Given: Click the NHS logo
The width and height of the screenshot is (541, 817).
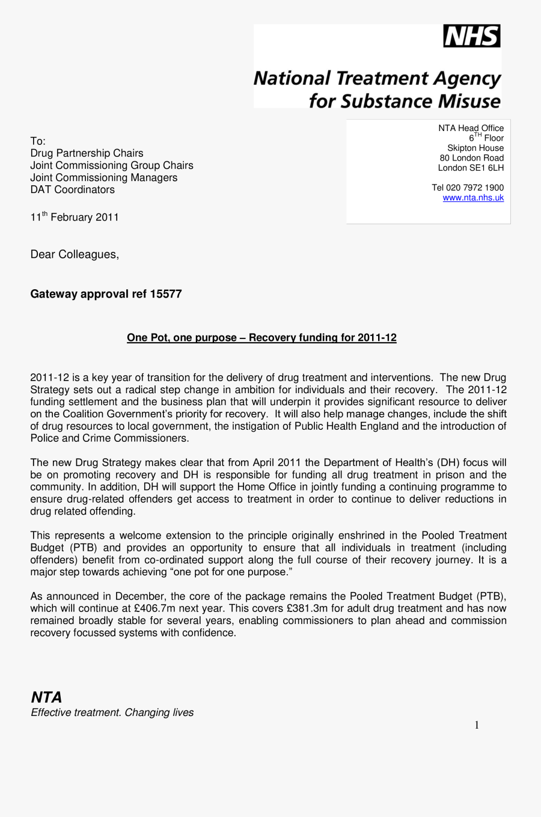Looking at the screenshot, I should (x=472, y=37).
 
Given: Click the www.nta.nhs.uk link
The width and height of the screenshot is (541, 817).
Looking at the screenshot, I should (x=473, y=198).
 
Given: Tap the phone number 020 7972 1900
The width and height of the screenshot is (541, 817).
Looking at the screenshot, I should (x=475, y=188).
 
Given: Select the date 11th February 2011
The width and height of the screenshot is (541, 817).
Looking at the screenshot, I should (x=75, y=217).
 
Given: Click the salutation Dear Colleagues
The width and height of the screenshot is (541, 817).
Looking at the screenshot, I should (x=75, y=254).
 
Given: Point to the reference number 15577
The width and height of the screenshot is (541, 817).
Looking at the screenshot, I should (x=166, y=294).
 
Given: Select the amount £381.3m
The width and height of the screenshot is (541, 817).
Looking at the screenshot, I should (x=307, y=608).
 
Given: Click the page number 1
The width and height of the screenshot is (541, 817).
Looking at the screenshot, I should (x=477, y=725).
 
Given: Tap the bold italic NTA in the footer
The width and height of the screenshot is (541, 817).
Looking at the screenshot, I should (x=46, y=697).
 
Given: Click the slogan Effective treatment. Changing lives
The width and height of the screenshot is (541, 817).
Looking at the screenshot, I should (x=112, y=712).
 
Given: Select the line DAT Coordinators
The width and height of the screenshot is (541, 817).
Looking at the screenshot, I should (x=72, y=189).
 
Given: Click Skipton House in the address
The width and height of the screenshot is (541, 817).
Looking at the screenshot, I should (x=475, y=148).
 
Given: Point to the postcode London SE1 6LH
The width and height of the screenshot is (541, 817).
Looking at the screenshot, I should (x=471, y=168).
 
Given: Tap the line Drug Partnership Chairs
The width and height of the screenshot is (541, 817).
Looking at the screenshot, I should (x=87, y=153).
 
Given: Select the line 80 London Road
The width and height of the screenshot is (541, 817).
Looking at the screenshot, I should (x=471, y=158).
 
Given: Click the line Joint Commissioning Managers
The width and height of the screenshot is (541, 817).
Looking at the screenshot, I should (x=103, y=177).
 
